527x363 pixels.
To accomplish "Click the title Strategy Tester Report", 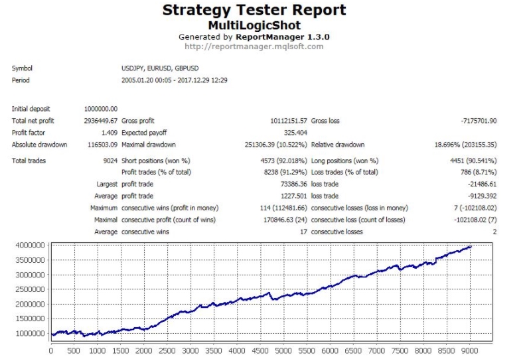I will click(254, 11).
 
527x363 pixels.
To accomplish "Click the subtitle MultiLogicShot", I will click(254, 25).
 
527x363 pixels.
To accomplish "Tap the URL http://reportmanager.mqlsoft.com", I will click(254, 46).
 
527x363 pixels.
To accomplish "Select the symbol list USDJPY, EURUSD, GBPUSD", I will click(160, 68).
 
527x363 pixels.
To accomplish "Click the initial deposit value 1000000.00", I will click(101, 109).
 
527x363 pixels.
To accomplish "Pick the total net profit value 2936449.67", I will click(101, 121).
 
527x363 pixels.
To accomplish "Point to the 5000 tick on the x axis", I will click(283, 351).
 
